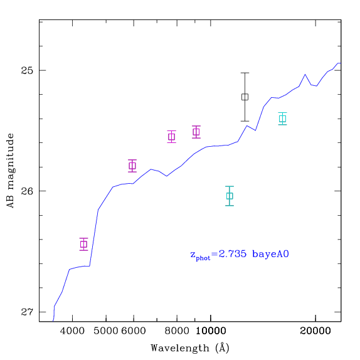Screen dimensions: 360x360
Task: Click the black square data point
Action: [x=245, y=97]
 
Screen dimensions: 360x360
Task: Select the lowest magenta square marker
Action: [x=84, y=244]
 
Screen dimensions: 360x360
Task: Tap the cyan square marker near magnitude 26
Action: [x=230, y=196]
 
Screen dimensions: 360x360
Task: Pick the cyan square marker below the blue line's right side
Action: [x=283, y=119]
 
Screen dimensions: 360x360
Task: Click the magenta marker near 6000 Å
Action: [x=132, y=166]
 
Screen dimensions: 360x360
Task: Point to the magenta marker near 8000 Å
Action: [x=172, y=137]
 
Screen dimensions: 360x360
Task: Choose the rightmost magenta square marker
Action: [x=196, y=132]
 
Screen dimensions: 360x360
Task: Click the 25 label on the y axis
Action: [x=27, y=70]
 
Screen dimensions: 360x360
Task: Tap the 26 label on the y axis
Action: [x=27, y=191]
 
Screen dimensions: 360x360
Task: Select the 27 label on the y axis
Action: [x=27, y=312]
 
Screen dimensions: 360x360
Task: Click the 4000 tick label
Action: [x=72, y=331]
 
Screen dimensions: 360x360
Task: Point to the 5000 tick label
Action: [x=106, y=331]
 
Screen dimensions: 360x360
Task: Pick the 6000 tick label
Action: [x=134, y=331]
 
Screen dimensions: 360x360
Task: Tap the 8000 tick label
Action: [x=177, y=331]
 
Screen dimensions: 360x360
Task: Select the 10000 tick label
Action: [x=211, y=331]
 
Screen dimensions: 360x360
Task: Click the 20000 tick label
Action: [x=315, y=331]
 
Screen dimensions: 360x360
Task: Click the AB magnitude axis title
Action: [x=10, y=171]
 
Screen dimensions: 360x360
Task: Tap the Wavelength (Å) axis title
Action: [x=190, y=348]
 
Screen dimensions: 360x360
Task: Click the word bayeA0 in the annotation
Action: [x=270, y=254]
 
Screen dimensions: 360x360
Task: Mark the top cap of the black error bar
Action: [x=245, y=73]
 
